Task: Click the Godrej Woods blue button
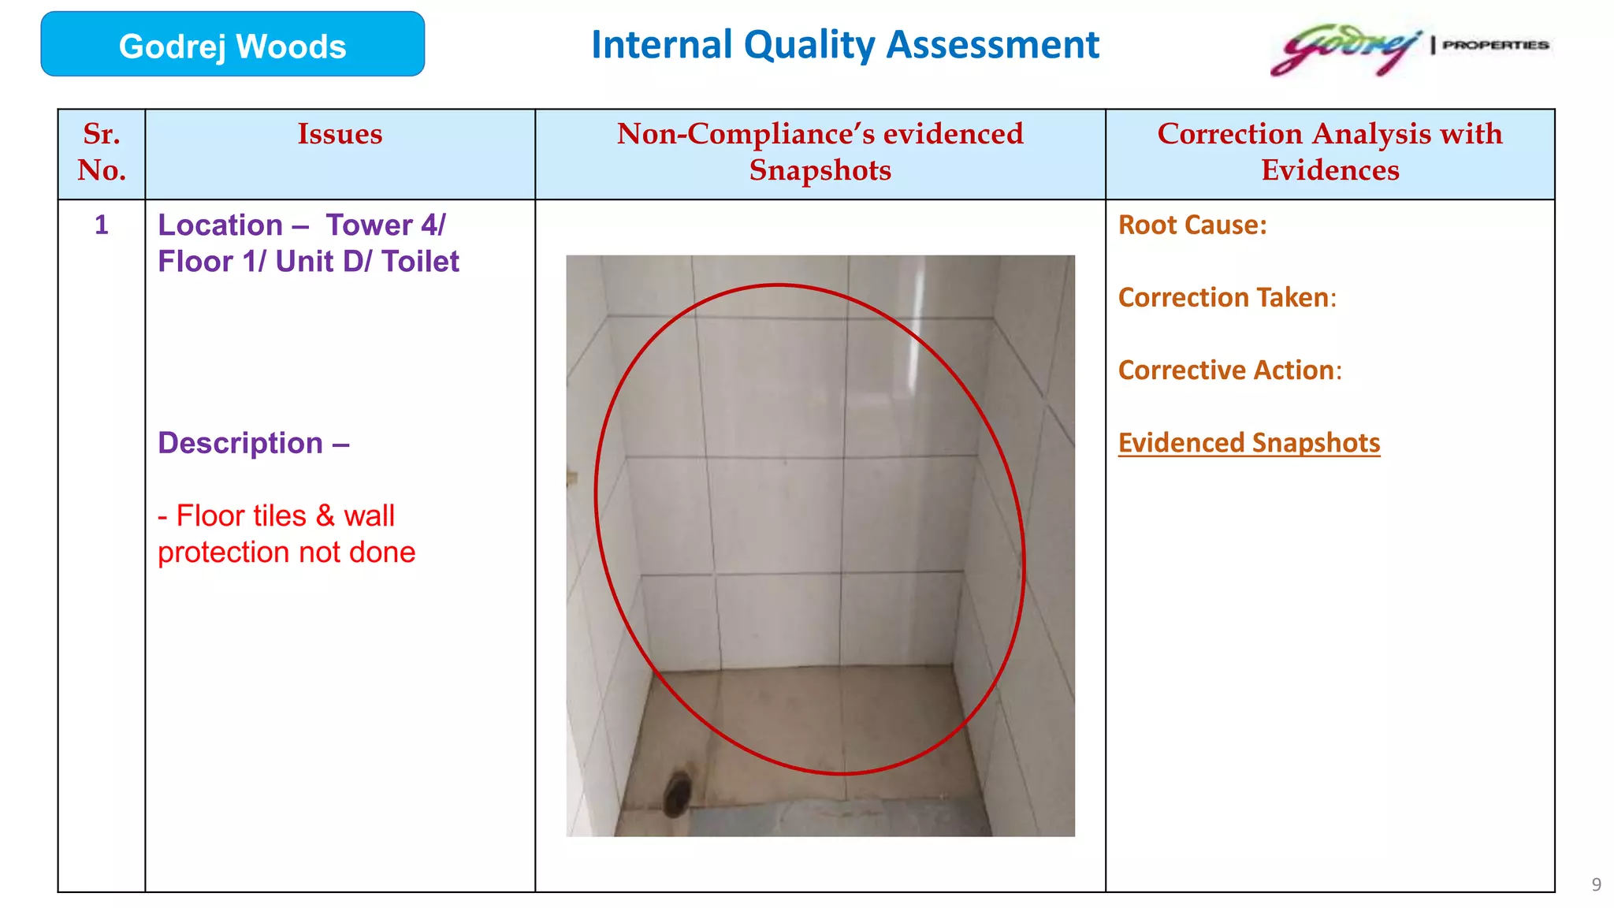coord(232,45)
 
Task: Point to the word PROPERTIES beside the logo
coord(1495,45)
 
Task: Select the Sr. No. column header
coord(102,152)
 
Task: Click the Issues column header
coord(340,134)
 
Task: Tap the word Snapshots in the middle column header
coord(820,170)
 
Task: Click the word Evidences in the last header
coord(1330,170)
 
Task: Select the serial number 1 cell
coord(102,225)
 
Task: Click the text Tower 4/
coord(385,225)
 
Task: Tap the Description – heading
coord(253,443)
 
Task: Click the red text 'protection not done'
coord(286,553)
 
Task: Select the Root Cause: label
coord(1192,225)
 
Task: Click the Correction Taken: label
coord(1227,298)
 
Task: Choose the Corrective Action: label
coord(1229,370)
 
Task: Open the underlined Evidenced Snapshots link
coord(1248,443)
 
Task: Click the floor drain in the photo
coord(677,793)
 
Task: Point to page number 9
coord(1596,884)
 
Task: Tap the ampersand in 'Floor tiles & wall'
coord(325,516)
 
